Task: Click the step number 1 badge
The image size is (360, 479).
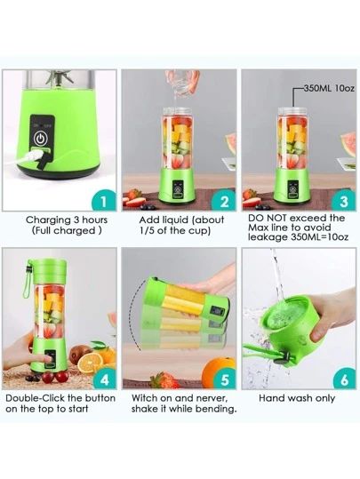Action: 105,201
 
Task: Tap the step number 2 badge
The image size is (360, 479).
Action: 225,201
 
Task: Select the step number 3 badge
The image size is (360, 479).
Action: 344,201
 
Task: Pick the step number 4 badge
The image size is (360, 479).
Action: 105,379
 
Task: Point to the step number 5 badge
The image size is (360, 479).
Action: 225,379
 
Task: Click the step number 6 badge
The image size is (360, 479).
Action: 344,379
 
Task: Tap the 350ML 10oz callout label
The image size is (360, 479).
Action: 329,89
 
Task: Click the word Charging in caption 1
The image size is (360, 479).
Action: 48,220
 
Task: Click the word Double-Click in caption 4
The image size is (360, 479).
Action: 35,398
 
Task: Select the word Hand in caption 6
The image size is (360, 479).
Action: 270,398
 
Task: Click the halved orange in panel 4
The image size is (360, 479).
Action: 90,363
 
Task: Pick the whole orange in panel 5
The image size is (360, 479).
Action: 218,371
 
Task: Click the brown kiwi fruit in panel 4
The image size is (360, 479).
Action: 78,354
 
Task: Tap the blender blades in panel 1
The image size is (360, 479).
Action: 60,77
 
